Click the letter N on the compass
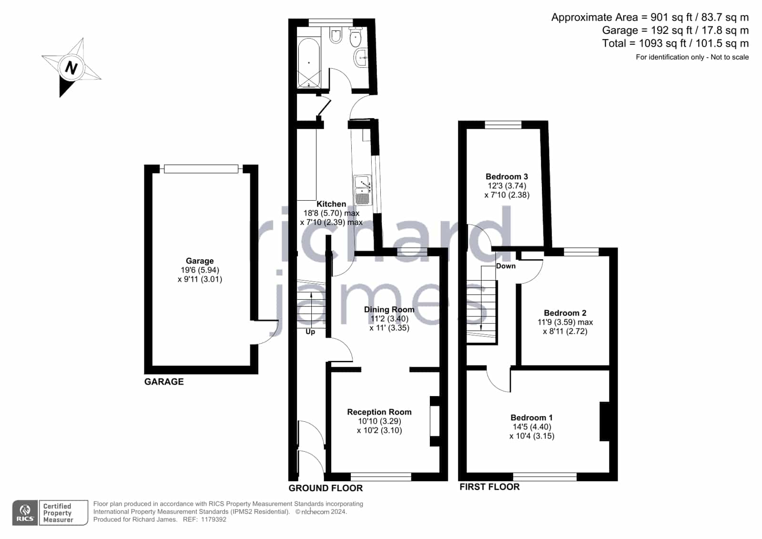pyautogui.click(x=71, y=68)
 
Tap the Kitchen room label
pyautogui.click(x=331, y=204)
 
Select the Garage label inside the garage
pyautogui.click(x=200, y=261)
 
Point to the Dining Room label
pyautogui.click(x=389, y=309)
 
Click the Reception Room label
pyautogui.click(x=379, y=412)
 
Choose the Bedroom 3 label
pyautogui.click(x=507, y=176)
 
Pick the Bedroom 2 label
pyautogui.click(x=565, y=313)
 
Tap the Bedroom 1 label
pyautogui.click(x=531, y=417)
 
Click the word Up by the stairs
pyautogui.click(x=310, y=332)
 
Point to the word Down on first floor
pyautogui.click(x=506, y=266)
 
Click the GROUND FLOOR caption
pyautogui.click(x=325, y=488)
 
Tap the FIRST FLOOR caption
pyautogui.click(x=489, y=487)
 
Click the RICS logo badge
pyautogui.click(x=25, y=512)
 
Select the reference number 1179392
pyautogui.click(x=213, y=519)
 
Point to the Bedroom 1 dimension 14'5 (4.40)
pyautogui.click(x=532, y=427)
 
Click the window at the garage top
pyautogui.click(x=201, y=169)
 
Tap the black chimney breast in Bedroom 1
pyautogui.click(x=604, y=421)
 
